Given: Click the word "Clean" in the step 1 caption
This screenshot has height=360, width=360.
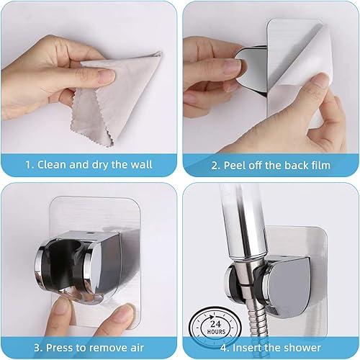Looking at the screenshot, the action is (x=52, y=165).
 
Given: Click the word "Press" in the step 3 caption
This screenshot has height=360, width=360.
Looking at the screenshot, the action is (x=59, y=348).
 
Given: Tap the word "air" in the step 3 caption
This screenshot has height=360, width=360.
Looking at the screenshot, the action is (x=137, y=348).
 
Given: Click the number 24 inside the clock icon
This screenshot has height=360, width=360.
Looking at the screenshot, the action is (x=215, y=324).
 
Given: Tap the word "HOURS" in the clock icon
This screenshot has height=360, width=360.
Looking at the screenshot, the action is (x=216, y=332).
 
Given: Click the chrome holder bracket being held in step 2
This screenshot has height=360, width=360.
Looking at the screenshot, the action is (x=251, y=70).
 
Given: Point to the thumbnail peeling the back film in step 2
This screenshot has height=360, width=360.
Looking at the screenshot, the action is (x=321, y=81).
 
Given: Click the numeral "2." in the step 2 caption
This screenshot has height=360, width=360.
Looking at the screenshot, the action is (x=215, y=166).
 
